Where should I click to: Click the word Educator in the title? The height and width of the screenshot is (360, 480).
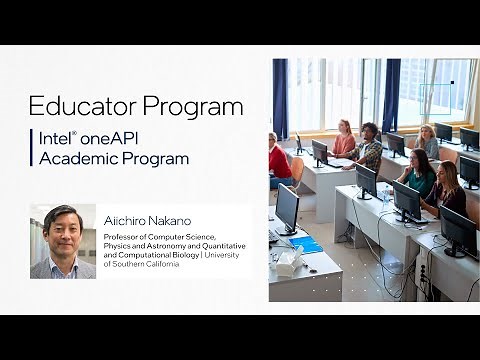(83, 106)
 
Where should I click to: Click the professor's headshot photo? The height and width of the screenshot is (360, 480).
(63, 241)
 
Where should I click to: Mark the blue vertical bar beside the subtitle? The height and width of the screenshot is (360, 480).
(31, 148)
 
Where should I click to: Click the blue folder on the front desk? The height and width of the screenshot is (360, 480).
(307, 244)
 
